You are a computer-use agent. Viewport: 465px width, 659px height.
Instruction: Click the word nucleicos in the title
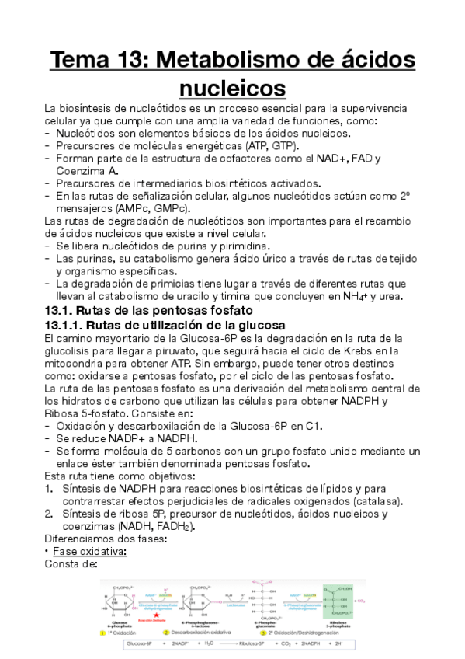click(x=232, y=87)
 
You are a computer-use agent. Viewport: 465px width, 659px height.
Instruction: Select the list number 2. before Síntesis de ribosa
click(x=48, y=514)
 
